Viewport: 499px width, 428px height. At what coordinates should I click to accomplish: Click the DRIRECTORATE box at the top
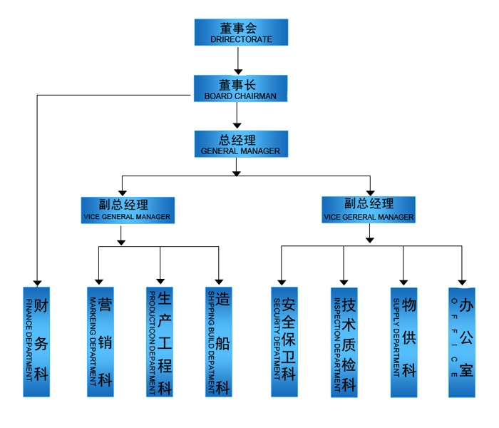point(241,32)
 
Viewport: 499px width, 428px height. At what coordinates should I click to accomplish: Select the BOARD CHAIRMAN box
point(241,88)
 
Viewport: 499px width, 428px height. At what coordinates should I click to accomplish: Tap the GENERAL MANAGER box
point(241,144)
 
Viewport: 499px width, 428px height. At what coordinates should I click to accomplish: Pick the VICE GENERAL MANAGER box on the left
point(128,210)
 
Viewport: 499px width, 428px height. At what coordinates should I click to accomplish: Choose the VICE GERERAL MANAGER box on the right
point(369,210)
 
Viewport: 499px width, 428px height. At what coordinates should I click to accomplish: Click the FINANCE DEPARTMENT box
point(36,342)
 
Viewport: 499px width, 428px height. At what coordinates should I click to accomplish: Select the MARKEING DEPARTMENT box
point(101,342)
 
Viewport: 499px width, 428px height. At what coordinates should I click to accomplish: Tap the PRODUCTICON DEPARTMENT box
point(160,342)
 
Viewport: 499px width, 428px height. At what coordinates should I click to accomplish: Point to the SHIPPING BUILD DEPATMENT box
point(219,342)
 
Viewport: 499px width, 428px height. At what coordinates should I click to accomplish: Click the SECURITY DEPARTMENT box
point(284,342)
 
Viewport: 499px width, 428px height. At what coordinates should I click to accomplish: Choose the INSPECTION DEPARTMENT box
point(344,342)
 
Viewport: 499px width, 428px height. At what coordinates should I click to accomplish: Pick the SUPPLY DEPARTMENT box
point(404,342)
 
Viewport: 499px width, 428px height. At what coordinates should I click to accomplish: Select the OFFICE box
point(462,342)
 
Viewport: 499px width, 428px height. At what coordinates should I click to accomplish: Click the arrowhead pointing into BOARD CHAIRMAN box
point(238,72)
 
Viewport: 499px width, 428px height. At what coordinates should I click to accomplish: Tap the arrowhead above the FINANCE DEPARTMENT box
point(37,283)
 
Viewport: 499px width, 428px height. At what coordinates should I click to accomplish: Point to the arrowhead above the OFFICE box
point(462,282)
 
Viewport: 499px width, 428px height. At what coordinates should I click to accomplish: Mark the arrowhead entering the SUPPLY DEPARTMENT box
point(403,282)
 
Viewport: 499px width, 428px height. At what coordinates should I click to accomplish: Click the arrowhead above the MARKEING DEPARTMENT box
point(99,282)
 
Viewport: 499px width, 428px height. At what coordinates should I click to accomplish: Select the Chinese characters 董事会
point(238,29)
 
